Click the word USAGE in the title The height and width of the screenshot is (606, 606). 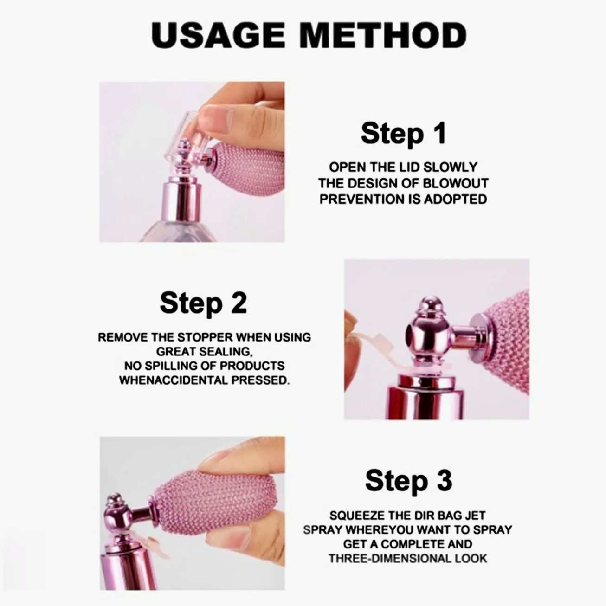(x=218, y=36)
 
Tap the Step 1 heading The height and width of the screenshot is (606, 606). (x=404, y=134)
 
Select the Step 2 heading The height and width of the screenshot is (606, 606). (x=203, y=303)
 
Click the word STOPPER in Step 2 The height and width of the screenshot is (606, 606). (x=206, y=337)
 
